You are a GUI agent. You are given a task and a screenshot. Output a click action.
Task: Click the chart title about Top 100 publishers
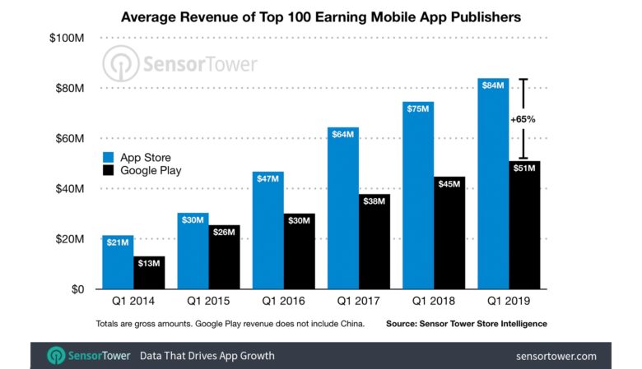(x=321, y=16)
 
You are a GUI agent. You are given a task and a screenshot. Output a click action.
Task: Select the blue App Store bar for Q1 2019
(x=493, y=189)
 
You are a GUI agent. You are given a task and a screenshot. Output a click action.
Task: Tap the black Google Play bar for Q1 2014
(x=149, y=274)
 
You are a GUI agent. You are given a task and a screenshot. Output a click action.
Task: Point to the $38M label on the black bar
(x=374, y=201)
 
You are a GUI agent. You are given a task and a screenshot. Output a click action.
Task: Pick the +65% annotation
(x=523, y=119)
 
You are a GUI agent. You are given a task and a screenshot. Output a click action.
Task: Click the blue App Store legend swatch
(x=109, y=157)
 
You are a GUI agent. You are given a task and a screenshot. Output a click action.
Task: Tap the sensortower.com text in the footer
(x=556, y=356)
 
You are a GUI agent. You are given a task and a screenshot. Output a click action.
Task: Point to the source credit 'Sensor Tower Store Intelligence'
(x=466, y=324)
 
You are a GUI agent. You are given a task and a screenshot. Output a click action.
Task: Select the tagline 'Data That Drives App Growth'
(x=207, y=356)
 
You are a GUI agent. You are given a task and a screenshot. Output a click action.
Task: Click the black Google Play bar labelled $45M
(x=449, y=234)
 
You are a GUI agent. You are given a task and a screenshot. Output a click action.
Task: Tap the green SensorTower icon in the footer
(x=58, y=356)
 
